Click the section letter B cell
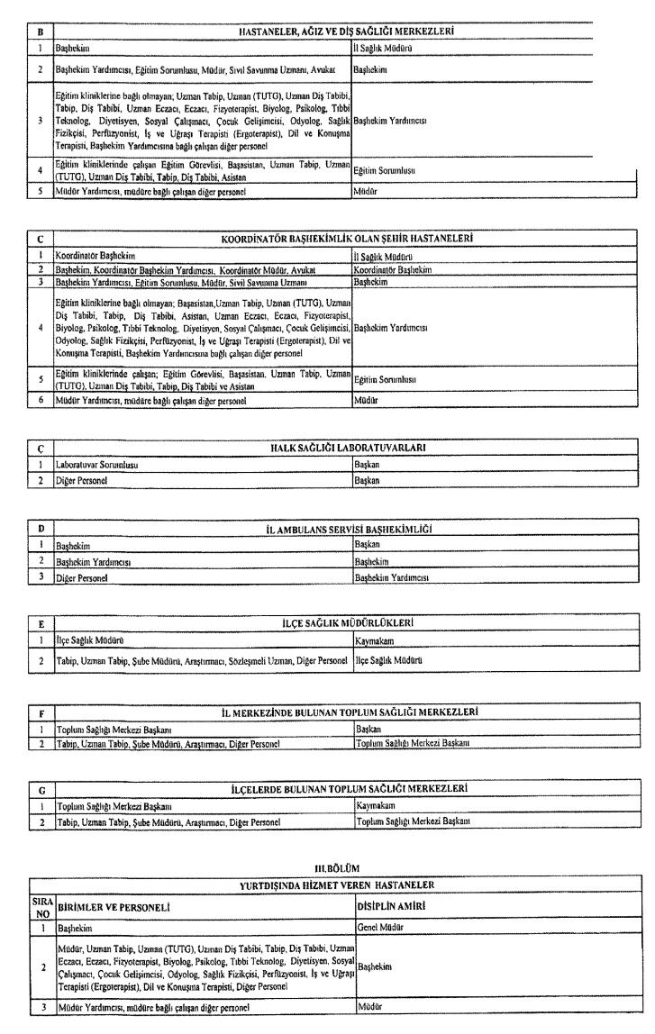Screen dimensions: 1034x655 [39, 32]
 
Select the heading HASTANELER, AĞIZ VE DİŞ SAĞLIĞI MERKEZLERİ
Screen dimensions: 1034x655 [346, 32]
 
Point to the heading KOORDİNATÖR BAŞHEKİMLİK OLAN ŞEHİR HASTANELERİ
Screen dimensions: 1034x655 [347, 239]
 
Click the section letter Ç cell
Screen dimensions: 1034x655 [41, 448]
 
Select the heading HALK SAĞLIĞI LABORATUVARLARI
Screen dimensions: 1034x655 [348, 448]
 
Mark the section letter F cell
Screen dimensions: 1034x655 [41, 712]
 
